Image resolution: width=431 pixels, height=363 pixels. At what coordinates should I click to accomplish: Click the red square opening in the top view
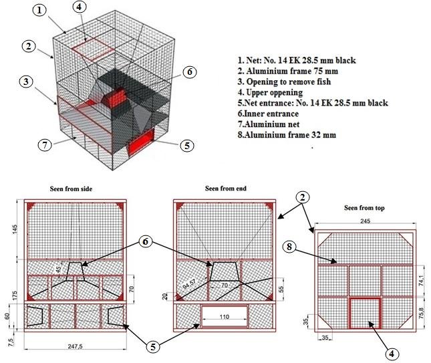point(366,313)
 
